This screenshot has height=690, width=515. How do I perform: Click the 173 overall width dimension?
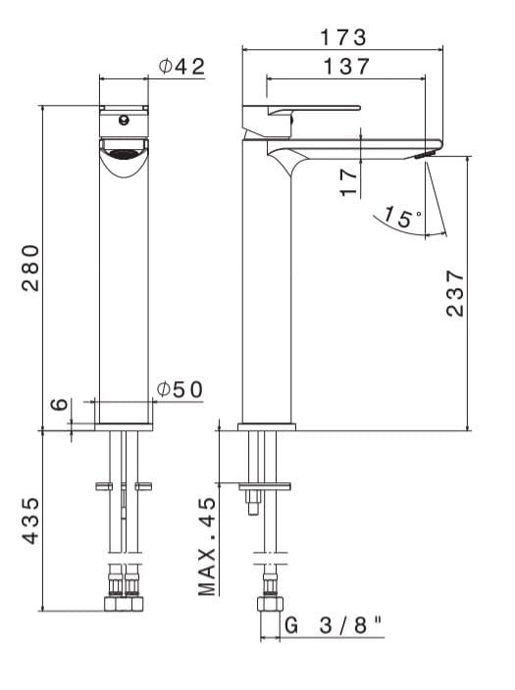pos(342,37)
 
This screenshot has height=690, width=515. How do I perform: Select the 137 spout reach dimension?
pos(342,67)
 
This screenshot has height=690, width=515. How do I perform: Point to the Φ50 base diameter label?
pos(180,389)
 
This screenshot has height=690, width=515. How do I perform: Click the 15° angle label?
pos(400,216)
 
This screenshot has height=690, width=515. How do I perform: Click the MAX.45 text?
pos(206,545)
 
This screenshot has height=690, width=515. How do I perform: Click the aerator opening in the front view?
pos(123,153)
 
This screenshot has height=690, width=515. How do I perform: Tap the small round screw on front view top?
pos(124,120)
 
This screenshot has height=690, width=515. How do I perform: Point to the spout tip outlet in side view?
pos(425,155)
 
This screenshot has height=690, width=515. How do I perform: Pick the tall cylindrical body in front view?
pos(124,294)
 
